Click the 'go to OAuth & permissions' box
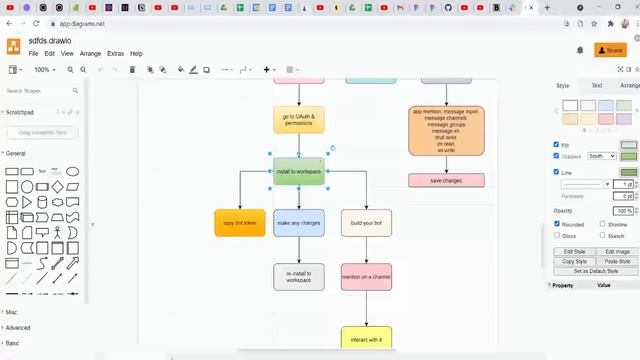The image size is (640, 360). [x=298, y=120]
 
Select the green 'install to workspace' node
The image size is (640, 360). [x=298, y=171]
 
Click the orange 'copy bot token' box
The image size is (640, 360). [x=240, y=223]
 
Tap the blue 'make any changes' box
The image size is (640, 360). [x=299, y=223]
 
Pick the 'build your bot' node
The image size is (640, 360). [x=366, y=223]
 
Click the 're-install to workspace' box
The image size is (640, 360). [x=299, y=277]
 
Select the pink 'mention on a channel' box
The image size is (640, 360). [x=366, y=277]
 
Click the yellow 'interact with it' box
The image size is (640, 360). [x=366, y=339]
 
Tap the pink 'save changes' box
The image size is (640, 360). [x=446, y=181]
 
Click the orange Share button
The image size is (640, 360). [x=609, y=50]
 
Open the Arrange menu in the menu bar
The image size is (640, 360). [x=90, y=53]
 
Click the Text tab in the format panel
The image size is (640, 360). [x=597, y=86]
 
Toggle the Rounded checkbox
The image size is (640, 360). [x=557, y=224]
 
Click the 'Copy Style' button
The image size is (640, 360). [x=575, y=261]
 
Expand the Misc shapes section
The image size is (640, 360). [x=12, y=312]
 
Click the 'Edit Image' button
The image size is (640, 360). [x=617, y=251]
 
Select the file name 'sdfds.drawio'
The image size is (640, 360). [x=50, y=41]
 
